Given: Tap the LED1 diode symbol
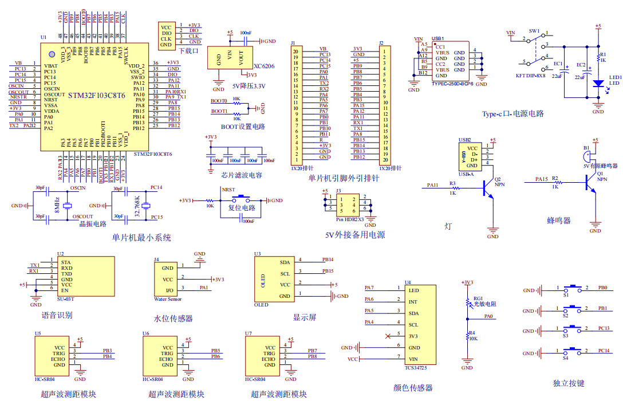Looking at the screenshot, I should (x=598, y=83).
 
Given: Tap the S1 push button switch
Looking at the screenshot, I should (x=574, y=289).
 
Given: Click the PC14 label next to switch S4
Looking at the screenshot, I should (x=603, y=349).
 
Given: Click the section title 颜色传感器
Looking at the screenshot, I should (x=413, y=388).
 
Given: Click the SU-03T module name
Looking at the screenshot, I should (x=66, y=299).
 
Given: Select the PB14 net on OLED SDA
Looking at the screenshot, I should (x=328, y=260).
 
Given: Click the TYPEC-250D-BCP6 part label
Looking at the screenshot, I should (x=452, y=84).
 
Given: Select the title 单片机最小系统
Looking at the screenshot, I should (x=141, y=238).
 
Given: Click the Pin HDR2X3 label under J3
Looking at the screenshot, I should (x=349, y=219).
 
